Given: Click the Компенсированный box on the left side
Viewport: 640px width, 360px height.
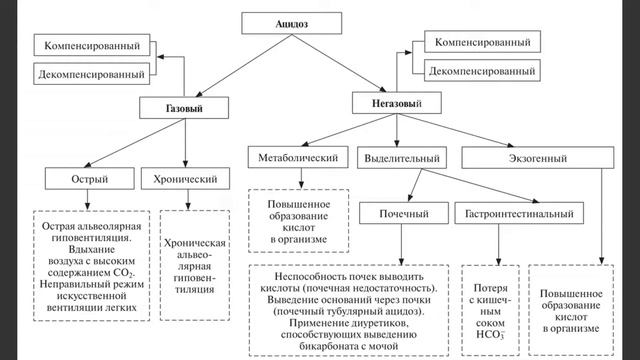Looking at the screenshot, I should coord(93,45).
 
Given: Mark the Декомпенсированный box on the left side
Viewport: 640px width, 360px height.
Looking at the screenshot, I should coord(93,73).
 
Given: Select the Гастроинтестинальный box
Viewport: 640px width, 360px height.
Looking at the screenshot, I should coord(521,214).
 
